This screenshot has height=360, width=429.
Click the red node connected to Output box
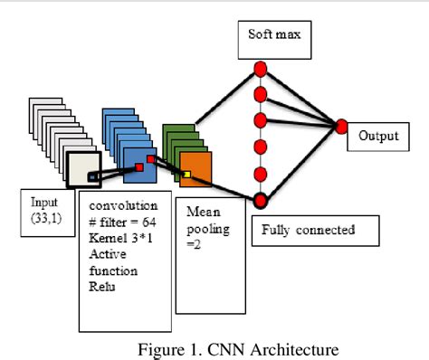[342, 126]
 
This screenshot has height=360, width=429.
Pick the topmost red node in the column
[261, 69]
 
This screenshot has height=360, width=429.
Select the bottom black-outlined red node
[261, 200]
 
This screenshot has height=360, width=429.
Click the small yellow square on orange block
[187, 174]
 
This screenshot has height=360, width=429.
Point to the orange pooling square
[195, 169]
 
